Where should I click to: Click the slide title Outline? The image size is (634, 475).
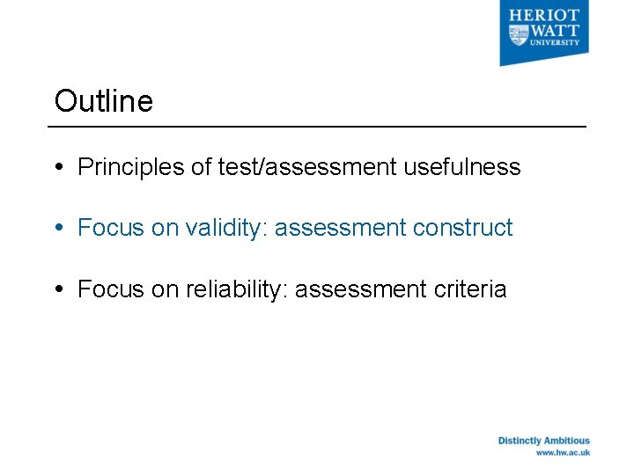point(103,101)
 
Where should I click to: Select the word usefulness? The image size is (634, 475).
point(462,167)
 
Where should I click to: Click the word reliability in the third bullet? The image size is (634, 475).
point(237,289)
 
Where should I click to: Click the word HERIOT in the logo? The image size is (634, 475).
point(556,15)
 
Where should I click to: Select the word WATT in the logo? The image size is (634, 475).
point(556,29)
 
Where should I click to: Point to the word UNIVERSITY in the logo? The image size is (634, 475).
point(556,42)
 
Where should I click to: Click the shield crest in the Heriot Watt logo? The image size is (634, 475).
point(517,34)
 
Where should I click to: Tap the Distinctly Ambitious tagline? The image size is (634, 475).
point(543,441)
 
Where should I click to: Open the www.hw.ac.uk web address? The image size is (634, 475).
point(563,453)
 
